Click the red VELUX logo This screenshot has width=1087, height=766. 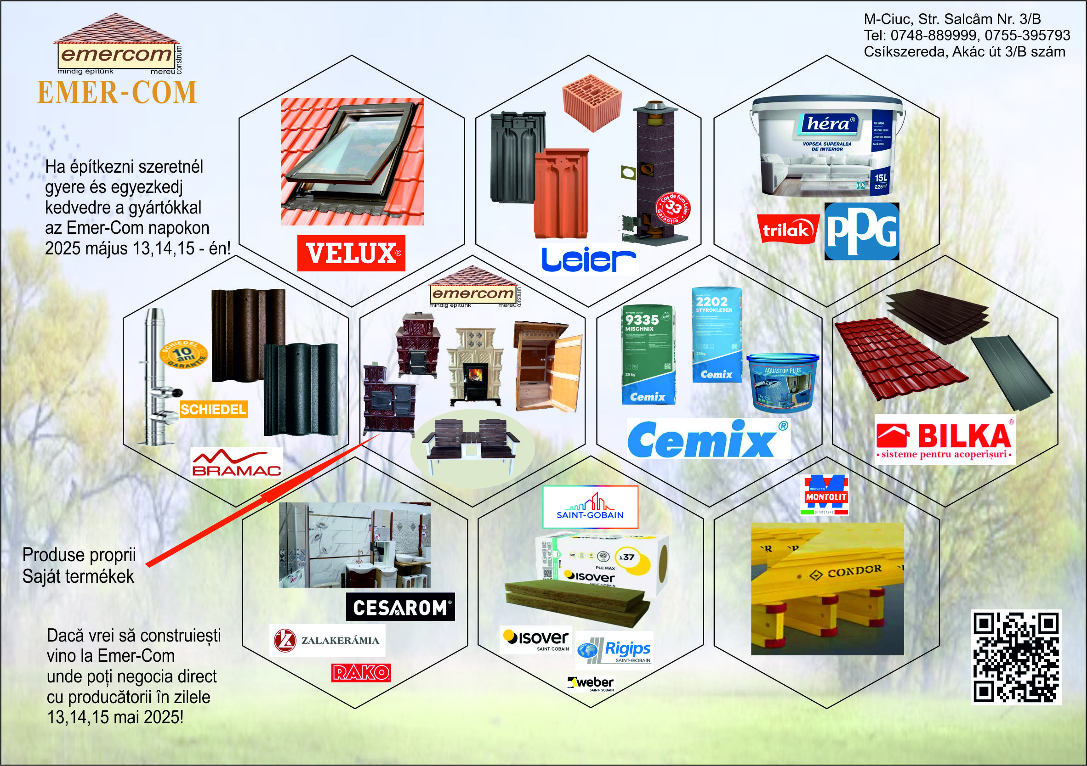click(351, 253)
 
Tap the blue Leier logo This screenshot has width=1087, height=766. click(588, 259)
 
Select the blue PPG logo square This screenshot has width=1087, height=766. click(861, 231)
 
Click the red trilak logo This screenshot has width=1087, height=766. click(788, 229)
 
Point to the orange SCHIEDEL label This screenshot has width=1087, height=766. click(213, 409)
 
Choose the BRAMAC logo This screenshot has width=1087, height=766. click(236, 463)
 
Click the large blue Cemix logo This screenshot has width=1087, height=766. click(708, 439)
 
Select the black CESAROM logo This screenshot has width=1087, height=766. click(400, 607)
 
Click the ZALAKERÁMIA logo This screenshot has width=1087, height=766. click(327, 640)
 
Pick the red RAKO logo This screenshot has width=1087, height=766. click(361, 672)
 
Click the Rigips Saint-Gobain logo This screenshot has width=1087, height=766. click(615, 650)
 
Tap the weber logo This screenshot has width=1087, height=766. click(591, 683)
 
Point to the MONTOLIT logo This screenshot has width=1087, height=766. click(824, 495)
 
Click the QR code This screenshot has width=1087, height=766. click(1015, 657)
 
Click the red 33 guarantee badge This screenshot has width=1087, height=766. click(673, 208)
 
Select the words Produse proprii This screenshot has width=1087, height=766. click(79, 554)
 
